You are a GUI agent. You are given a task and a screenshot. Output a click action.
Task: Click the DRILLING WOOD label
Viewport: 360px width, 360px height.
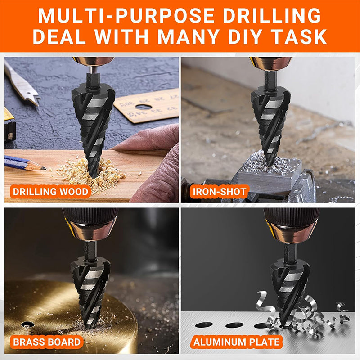[50, 192]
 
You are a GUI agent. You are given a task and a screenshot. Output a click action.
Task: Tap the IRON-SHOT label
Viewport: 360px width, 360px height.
[220, 192]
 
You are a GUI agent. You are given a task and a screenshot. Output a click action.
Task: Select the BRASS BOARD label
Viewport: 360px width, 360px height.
[47, 342]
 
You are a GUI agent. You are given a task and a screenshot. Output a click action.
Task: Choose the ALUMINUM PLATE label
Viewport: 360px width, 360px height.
[237, 342]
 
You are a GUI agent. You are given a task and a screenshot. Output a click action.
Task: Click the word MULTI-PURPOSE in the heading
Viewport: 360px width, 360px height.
[126, 16]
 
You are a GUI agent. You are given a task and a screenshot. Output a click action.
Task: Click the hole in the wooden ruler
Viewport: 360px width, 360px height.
[144, 107]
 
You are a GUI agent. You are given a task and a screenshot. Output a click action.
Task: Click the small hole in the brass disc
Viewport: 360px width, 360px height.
[27, 324]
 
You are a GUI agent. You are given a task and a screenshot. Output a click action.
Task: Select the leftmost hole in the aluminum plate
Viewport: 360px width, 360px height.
[204, 324]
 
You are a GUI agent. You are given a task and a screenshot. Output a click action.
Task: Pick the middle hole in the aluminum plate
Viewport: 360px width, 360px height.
[234, 325]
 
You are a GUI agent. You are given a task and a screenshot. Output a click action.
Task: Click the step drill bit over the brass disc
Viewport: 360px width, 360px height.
[90, 287]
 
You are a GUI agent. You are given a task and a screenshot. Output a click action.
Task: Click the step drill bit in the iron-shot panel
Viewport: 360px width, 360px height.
[271, 119]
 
